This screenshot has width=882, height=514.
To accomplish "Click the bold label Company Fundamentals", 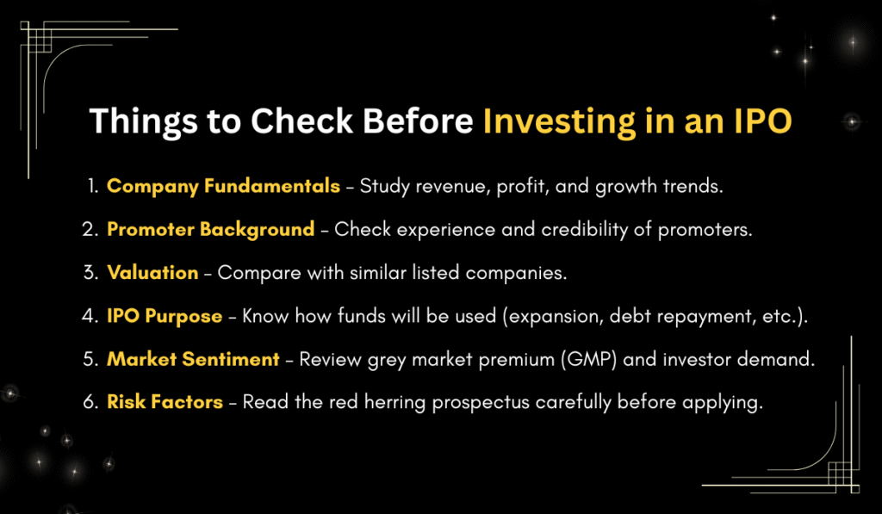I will tap(223, 186).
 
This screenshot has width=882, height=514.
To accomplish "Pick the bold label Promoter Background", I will tap(210, 229).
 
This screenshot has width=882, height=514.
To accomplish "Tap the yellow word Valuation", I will tap(152, 272).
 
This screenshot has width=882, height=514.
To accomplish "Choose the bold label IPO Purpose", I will tap(165, 316).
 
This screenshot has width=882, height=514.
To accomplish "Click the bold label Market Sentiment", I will tap(193, 360).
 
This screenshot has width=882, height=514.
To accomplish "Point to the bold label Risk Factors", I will tap(165, 403).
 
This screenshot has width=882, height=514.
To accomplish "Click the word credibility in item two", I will tap(590, 229).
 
